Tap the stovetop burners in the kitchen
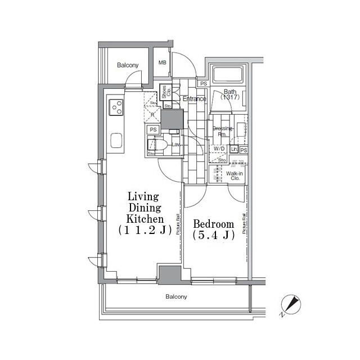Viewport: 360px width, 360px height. pyautogui.click(x=116, y=106)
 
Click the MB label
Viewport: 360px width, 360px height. pyautogui.click(x=162, y=63)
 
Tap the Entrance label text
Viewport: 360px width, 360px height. pyautogui.click(x=195, y=99)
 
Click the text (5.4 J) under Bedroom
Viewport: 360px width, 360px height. pyautogui.click(x=213, y=236)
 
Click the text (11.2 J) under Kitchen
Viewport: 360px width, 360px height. pyautogui.click(x=143, y=229)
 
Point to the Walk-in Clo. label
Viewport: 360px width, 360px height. pyautogui.click(x=235, y=177)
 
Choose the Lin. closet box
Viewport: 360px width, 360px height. pyautogui.click(x=233, y=150)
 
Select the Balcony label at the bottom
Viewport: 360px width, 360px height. pyautogui.click(x=176, y=296)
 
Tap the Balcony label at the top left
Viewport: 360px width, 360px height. pyautogui.click(x=128, y=66)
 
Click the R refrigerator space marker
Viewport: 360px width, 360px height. pyautogui.click(x=152, y=114)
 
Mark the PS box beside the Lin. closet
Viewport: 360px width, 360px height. pyautogui.click(x=244, y=150)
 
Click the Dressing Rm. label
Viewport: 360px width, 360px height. pyautogui.click(x=223, y=132)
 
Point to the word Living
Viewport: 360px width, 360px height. pyautogui.click(x=143, y=197)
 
